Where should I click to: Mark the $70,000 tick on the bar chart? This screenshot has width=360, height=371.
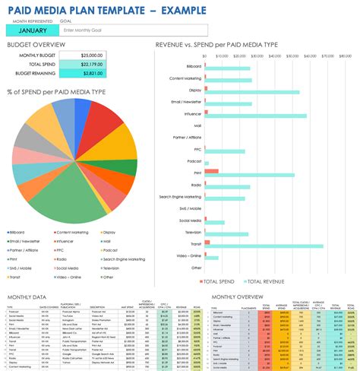coord(327,55)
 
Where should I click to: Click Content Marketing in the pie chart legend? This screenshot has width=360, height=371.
coord(69,232)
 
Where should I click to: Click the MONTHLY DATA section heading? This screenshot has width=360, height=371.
coord(27,297)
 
